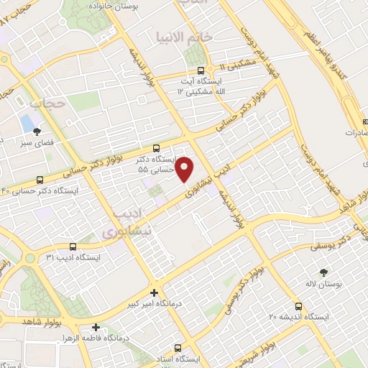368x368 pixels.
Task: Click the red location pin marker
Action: tap(186, 168)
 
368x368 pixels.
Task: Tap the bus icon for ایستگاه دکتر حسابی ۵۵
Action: tap(157, 148)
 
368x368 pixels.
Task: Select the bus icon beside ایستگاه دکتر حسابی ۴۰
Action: tap(40, 179)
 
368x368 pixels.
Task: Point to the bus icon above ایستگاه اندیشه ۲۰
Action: tap(298, 305)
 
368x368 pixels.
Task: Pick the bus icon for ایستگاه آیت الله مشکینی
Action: tap(200, 71)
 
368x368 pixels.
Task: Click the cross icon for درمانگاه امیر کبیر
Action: tap(154, 293)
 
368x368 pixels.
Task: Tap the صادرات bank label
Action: tap(355, 133)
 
